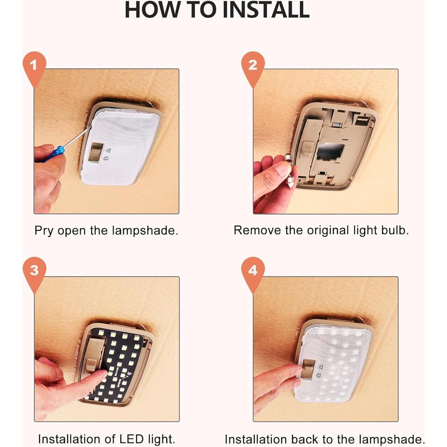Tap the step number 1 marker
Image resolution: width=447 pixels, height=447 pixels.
[x=34, y=67]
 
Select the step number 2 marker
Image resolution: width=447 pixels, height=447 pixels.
[x=253, y=67]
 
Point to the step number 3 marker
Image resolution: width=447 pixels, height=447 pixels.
[x=34, y=273]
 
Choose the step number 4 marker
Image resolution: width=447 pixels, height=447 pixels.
[x=253, y=273]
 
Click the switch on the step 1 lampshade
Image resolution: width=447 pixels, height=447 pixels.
[x=96, y=152]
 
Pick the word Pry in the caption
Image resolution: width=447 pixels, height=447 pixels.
[x=44, y=231]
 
